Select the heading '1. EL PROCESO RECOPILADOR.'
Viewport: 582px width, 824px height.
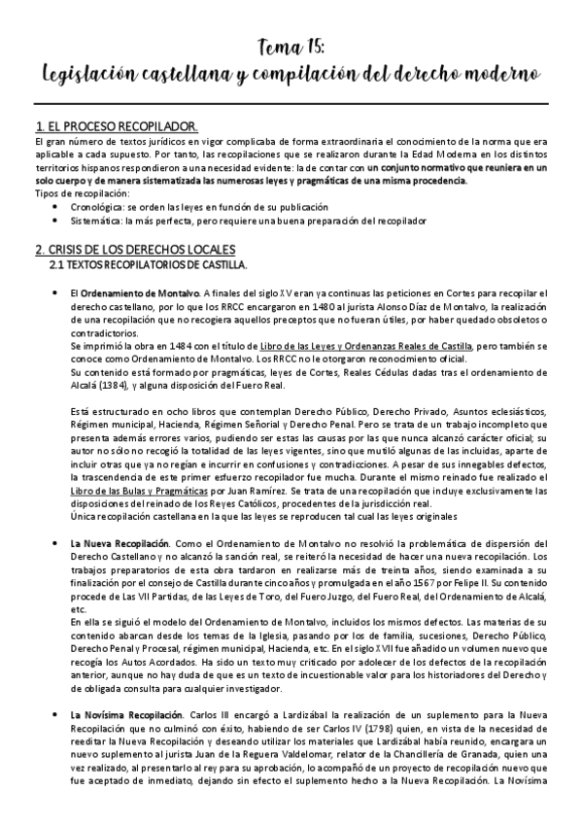tap(117, 127)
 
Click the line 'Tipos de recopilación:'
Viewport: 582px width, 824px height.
tap(78, 194)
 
